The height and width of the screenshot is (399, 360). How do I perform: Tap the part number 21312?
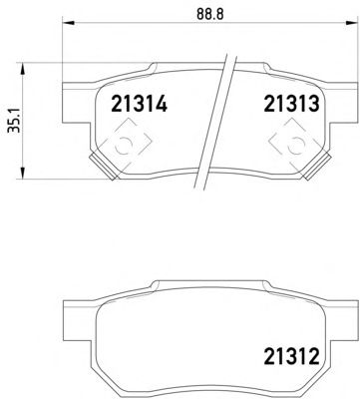pyautogui.click(x=291, y=356)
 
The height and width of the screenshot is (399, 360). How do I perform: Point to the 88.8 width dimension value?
pyautogui.click(x=210, y=14)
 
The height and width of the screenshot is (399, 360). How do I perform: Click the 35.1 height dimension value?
pyautogui.click(x=14, y=120)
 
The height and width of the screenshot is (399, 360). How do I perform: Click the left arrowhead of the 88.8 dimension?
pyautogui.click(x=68, y=23)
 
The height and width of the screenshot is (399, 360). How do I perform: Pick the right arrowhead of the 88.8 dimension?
pyautogui.click(x=351, y=23)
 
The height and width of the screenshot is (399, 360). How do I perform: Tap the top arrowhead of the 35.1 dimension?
pyautogui.click(x=23, y=69)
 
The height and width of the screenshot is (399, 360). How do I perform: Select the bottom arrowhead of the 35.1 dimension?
pyautogui.click(x=23, y=174)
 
